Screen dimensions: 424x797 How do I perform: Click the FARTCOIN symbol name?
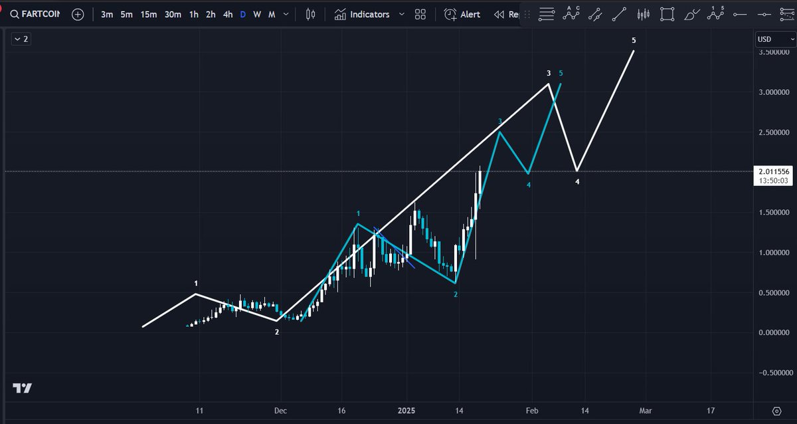[x=42, y=14]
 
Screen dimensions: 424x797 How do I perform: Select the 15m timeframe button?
[x=149, y=14]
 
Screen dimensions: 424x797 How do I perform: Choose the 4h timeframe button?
[x=228, y=14]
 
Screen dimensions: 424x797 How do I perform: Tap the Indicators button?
[x=362, y=14]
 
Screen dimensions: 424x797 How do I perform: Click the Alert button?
[x=462, y=14]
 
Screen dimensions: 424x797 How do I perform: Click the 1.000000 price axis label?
[x=772, y=253]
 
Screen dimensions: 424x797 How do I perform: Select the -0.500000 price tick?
[x=770, y=373]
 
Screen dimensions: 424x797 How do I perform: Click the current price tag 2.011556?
[x=773, y=171]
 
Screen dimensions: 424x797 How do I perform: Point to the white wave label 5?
[x=634, y=41]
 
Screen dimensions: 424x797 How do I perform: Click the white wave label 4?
[x=577, y=181]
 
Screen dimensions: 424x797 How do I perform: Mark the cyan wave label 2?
[x=456, y=294]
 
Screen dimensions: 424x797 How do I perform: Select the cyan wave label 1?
[x=358, y=213]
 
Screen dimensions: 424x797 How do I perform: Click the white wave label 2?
[x=277, y=332]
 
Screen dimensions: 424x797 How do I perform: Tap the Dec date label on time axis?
[x=280, y=411]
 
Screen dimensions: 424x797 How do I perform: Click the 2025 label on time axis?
[x=407, y=411]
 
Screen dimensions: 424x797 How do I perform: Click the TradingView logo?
[x=22, y=388]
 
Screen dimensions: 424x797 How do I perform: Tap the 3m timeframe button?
[x=106, y=14]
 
